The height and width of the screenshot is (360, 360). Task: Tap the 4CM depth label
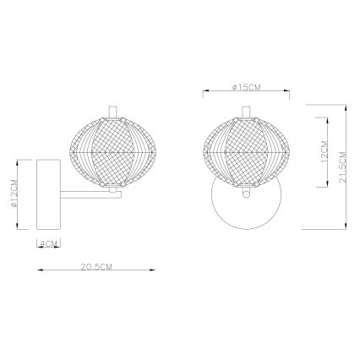tap(47, 244)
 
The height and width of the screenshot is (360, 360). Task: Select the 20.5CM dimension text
tap(96, 266)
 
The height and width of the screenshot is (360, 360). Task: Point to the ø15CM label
tap(244, 87)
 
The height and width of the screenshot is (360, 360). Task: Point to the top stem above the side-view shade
tap(112, 112)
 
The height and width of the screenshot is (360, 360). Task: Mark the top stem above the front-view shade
tap(244, 112)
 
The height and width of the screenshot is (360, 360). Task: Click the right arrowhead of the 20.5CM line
tap(154, 271)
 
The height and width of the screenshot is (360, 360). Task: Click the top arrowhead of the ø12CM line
tap(19, 161)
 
